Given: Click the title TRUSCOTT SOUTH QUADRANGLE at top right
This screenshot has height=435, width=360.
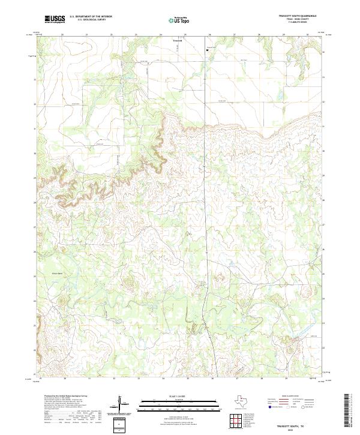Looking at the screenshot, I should (x=293, y=16).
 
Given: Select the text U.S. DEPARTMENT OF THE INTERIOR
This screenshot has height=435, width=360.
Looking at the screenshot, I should (x=91, y=17).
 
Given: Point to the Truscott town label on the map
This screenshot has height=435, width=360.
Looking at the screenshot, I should (x=177, y=41).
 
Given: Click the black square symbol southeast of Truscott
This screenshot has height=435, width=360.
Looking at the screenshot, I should (x=208, y=50).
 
